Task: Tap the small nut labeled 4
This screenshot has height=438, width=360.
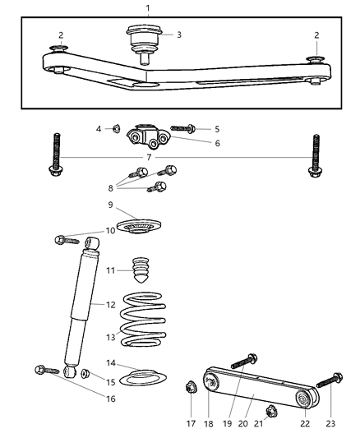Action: (x=118, y=128)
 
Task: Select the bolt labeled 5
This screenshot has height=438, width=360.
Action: (x=182, y=128)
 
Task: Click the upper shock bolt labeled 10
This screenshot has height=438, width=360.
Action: (x=62, y=239)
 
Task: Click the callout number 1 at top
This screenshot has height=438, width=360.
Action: (x=147, y=8)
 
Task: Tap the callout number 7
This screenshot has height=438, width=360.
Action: (x=148, y=157)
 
